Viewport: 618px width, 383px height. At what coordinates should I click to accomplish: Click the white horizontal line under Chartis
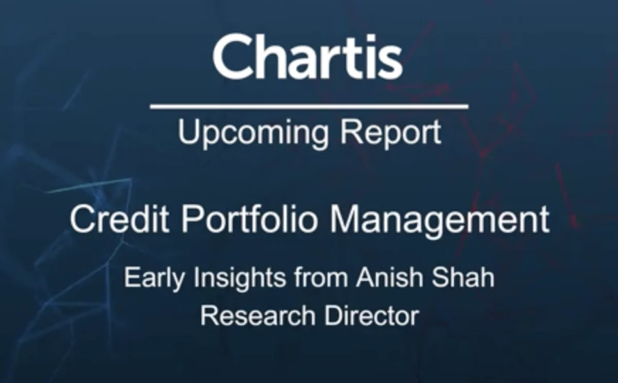click(x=309, y=107)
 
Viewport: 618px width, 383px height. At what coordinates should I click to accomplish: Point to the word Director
click(x=371, y=315)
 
